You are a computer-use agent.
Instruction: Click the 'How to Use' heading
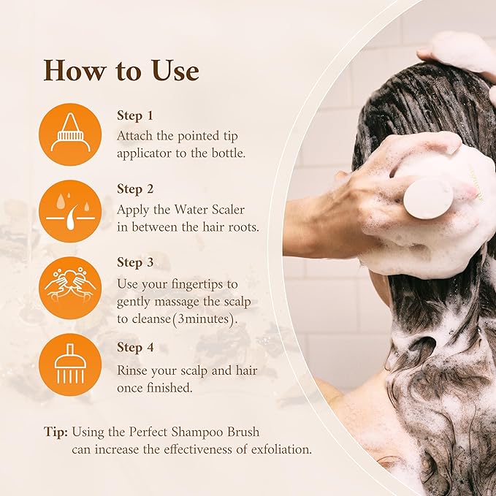[x=121, y=71]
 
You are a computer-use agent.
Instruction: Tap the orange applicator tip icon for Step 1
[x=70, y=134]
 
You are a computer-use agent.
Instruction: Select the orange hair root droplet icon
[x=70, y=210]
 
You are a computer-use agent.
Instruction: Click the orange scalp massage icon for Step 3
[x=70, y=287]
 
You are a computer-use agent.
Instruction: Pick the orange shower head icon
[x=70, y=364]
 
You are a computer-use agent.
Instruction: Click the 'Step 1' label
[x=135, y=115]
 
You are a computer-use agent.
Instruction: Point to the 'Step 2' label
[x=135, y=189]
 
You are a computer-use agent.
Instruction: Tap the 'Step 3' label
[x=135, y=262]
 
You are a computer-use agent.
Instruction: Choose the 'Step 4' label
[x=135, y=348]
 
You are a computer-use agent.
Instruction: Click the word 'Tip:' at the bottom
[x=56, y=432]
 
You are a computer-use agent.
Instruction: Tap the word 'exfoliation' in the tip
[x=276, y=449]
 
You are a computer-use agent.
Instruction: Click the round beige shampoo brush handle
[x=427, y=198]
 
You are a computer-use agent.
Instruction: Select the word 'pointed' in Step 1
[x=195, y=136]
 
